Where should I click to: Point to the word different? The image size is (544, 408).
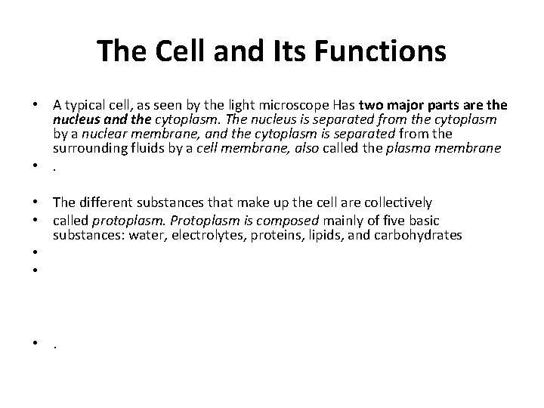109,202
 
